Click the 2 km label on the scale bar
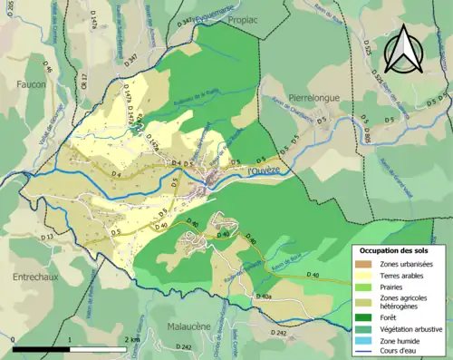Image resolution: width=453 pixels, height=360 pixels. coord(131,339)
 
